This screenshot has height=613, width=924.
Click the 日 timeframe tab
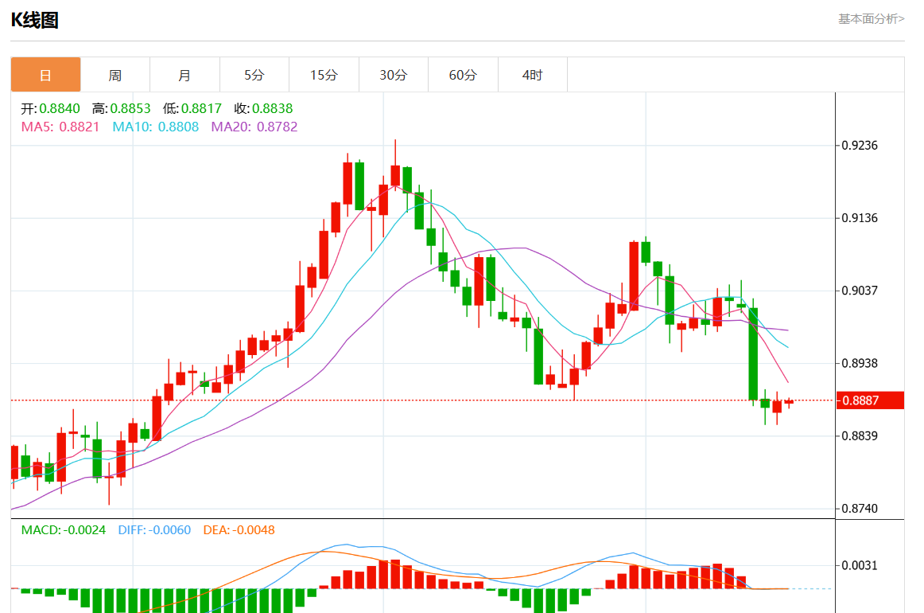45,75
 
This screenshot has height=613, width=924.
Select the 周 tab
115,75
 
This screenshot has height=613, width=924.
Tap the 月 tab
184,75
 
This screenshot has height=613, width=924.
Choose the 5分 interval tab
254,75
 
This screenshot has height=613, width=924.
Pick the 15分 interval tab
324,75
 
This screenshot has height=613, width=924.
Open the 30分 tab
393,75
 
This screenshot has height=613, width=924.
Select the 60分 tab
463,75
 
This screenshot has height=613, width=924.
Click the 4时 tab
532,75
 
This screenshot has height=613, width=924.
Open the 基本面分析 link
871,18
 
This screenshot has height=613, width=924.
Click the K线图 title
34,21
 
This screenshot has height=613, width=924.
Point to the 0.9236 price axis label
860,145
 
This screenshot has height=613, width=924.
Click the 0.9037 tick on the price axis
860,291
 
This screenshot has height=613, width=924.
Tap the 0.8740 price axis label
860,509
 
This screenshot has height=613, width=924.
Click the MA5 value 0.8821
80,127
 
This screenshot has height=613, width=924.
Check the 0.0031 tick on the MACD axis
860,565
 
